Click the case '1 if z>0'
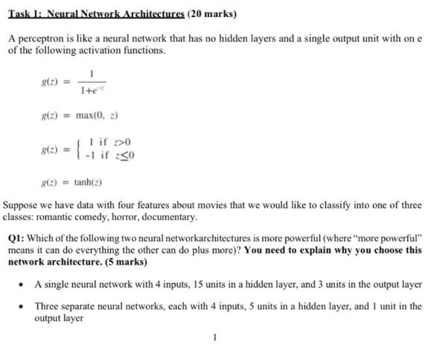tap(109, 142)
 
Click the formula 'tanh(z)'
tap(88, 182)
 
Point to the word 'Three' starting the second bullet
tap(47, 306)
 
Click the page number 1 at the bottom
tap(214, 338)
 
